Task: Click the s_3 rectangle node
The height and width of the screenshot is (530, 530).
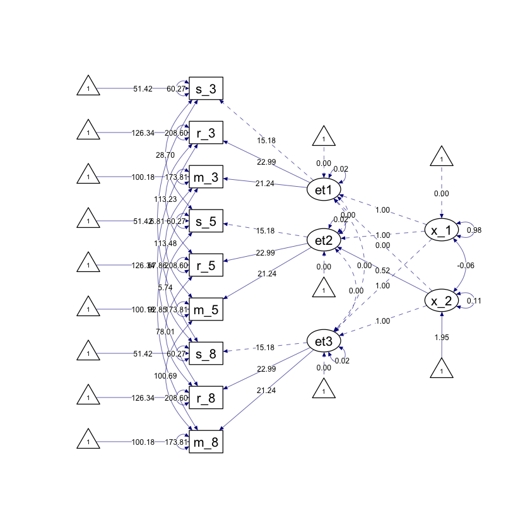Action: point(206,89)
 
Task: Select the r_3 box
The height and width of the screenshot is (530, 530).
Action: point(206,133)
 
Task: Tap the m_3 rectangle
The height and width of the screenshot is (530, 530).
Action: point(206,177)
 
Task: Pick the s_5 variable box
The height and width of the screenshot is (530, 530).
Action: point(206,221)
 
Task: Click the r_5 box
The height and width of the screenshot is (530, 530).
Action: point(206,266)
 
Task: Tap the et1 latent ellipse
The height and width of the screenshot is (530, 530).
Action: point(324,189)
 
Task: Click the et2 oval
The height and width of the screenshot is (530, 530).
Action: point(324,240)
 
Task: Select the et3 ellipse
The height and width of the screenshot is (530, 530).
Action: point(324,341)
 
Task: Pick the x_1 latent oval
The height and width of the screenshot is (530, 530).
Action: point(442,230)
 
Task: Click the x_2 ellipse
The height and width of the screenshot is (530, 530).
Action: point(442,301)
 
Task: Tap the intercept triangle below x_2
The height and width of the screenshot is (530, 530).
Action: point(442,369)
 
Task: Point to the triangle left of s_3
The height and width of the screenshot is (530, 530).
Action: point(89,88)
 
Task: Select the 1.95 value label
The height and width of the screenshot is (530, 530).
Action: point(442,337)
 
